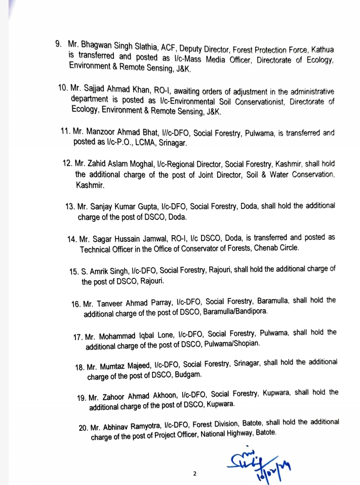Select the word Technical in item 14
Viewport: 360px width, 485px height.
click(96, 249)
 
